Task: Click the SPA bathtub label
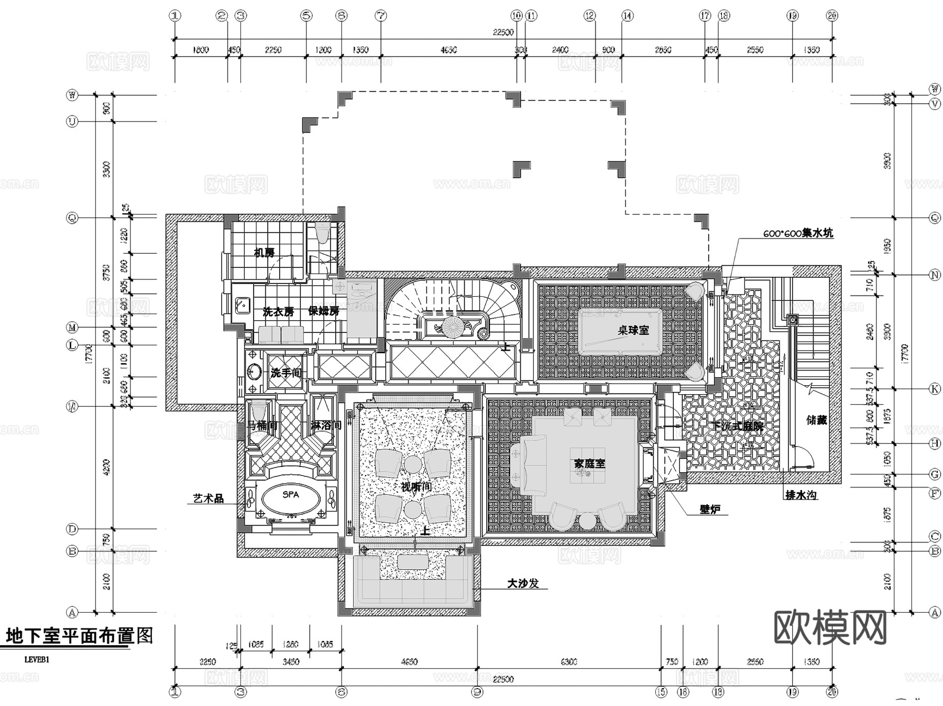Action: click(x=291, y=495)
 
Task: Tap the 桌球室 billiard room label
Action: click(x=633, y=330)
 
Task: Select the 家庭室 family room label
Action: click(x=589, y=463)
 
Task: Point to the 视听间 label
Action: click(x=416, y=487)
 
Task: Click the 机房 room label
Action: click(x=264, y=253)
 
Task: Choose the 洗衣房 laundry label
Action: click(x=278, y=312)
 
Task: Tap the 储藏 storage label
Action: click(x=816, y=420)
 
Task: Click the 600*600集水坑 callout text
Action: click(x=797, y=233)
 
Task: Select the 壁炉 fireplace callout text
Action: click(x=710, y=509)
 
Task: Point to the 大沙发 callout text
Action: click(x=522, y=583)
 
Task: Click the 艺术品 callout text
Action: click(x=208, y=498)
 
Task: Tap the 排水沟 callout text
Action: click(x=801, y=495)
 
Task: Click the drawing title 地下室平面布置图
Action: click(x=79, y=636)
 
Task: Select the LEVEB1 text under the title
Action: click(x=37, y=660)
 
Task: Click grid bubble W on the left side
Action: click(x=72, y=95)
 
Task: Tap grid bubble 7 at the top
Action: click(x=381, y=16)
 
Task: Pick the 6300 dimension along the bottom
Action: click(x=568, y=662)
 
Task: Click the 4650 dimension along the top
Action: click(x=448, y=50)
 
